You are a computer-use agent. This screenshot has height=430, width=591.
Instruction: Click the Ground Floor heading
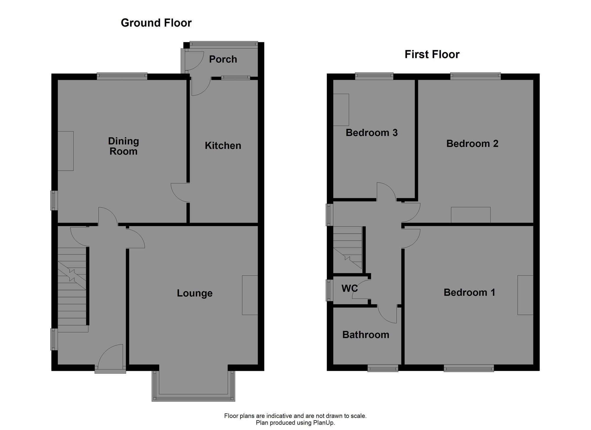coord(156,23)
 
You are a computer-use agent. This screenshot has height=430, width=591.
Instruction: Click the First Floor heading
coord(432,55)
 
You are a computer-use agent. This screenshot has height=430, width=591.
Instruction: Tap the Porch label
coord(223,59)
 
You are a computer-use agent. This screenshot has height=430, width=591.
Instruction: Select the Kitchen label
coord(223,146)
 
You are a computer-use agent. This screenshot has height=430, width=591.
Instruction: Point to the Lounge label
coord(194,293)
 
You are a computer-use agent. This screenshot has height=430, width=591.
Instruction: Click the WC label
coord(349,288)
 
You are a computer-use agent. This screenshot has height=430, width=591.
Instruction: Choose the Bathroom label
coord(366,335)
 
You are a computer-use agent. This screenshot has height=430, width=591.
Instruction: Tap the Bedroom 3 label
coord(371,133)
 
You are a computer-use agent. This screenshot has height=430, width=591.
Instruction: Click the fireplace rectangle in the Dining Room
coord(65,151)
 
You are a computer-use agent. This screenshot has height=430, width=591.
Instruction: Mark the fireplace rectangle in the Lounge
coord(250,295)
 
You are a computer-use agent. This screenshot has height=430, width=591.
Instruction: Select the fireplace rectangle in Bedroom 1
coord(525,295)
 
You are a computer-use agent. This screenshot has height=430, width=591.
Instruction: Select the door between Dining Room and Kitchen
coord(180,193)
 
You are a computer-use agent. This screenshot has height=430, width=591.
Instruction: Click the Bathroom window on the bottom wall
coord(383,368)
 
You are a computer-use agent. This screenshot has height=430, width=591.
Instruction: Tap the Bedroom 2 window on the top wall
coord(475,76)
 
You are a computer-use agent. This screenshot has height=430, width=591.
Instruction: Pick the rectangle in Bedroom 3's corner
coord(341,110)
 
